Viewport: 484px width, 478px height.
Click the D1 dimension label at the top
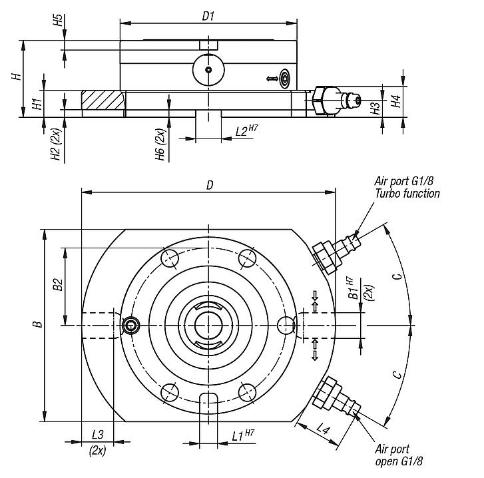click(x=208, y=15)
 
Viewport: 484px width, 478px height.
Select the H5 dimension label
click(x=58, y=20)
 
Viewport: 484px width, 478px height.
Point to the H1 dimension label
click(x=38, y=103)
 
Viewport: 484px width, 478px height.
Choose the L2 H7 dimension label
click(x=246, y=131)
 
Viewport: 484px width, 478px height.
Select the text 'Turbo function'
click(x=407, y=194)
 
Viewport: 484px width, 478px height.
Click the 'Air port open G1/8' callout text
click(x=399, y=455)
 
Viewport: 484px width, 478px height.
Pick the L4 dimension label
click(x=324, y=430)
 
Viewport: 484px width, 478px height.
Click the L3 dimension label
click(x=97, y=435)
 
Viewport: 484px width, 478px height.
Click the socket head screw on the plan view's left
click(x=130, y=325)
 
